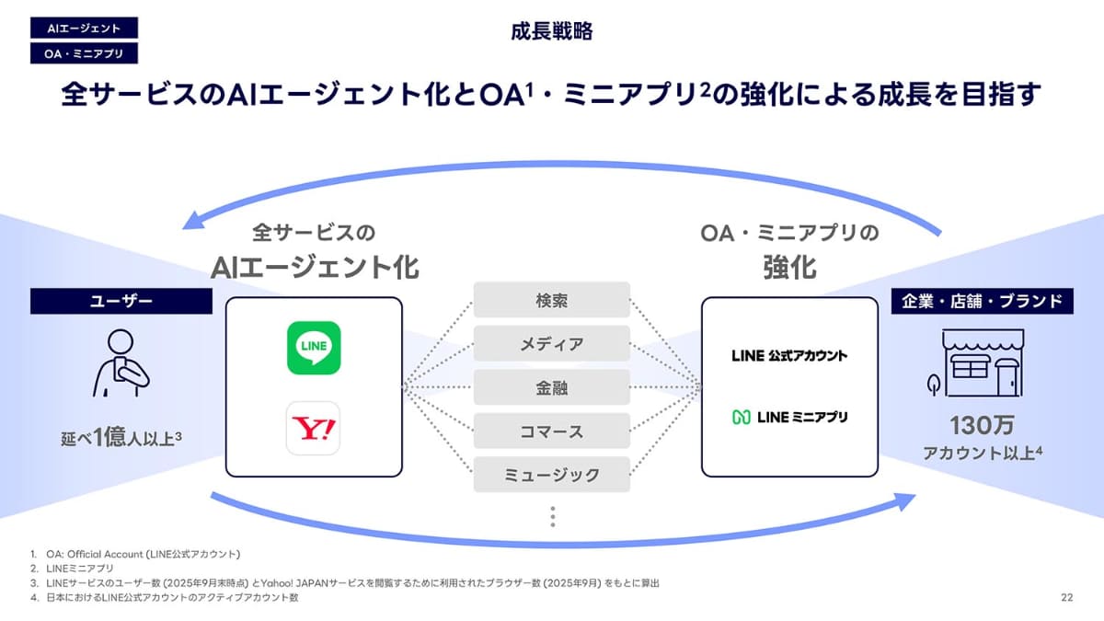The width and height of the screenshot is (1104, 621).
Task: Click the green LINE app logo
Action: (314, 347)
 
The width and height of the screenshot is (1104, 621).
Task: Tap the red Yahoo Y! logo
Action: (314, 428)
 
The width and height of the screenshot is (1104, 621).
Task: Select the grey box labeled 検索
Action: (552, 300)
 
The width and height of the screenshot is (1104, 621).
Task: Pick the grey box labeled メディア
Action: (552, 344)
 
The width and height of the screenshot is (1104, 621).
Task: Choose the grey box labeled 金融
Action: (552, 387)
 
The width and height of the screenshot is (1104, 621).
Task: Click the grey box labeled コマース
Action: (552, 431)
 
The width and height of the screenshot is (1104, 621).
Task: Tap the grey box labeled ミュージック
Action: (552, 475)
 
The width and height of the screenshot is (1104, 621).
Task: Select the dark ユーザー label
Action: (121, 301)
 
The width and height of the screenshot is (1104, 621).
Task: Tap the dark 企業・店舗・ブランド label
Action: (982, 301)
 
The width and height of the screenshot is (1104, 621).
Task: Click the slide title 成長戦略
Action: (552, 31)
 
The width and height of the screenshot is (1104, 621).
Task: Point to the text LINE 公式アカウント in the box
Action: (789, 355)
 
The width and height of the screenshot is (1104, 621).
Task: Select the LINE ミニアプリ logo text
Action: (789, 417)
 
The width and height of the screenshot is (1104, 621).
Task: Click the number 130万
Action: (982, 426)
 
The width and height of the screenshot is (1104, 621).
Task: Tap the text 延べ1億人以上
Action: (121, 436)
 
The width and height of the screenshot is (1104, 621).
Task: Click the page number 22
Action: (1066, 598)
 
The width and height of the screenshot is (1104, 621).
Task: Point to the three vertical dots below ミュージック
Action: (552, 516)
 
